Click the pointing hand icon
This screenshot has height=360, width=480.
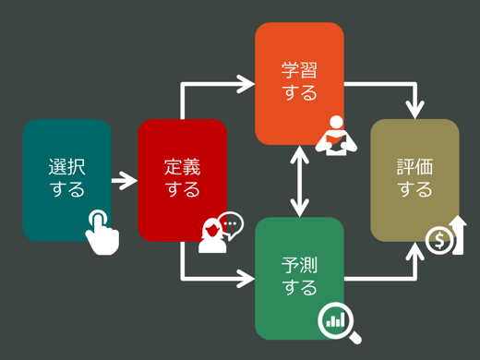(x=102, y=231)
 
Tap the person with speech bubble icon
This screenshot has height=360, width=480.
(x=220, y=233)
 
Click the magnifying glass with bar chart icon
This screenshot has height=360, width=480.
(x=339, y=322)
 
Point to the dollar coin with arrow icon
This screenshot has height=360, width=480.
(x=446, y=236)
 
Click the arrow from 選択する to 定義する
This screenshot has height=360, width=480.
(x=124, y=180)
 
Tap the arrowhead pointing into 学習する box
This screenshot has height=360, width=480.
(x=246, y=84)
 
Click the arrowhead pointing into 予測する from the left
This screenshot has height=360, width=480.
(x=246, y=277)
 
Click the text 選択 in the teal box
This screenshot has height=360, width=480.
(x=66, y=167)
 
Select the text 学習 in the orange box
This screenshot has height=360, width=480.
(x=299, y=70)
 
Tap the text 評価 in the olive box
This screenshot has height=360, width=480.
(x=414, y=167)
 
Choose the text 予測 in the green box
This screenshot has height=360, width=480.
(x=299, y=265)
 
